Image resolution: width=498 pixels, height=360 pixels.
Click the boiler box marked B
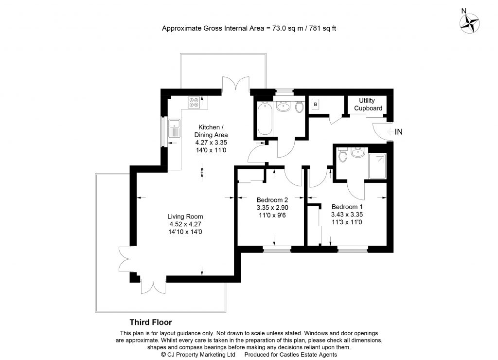click(x=316, y=104)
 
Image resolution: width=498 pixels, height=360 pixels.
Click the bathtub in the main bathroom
click(x=265, y=118)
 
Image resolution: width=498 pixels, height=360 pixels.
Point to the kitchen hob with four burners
click(x=194, y=102)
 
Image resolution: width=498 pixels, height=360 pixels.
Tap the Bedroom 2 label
click(x=273, y=200)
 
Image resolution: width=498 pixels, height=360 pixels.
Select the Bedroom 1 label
click(x=347, y=206)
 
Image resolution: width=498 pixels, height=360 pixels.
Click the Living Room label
click(x=185, y=217)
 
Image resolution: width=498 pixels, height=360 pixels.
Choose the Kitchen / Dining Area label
click(x=211, y=131)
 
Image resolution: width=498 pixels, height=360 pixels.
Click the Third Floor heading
click(x=150, y=322)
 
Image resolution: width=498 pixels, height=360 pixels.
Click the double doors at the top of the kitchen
click(x=236, y=84)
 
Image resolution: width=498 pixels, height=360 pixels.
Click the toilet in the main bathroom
click(x=299, y=106)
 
